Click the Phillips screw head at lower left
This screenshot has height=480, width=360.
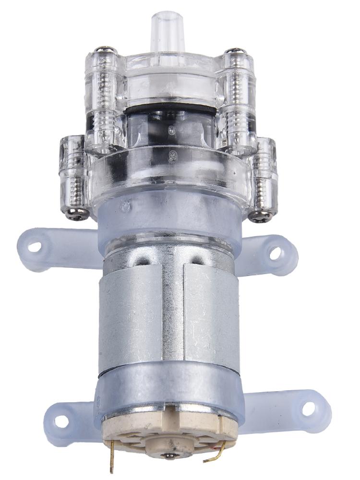tap(77, 215)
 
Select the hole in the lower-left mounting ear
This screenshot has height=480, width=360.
tap(61, 421)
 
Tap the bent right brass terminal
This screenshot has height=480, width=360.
tap(218, 454)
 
